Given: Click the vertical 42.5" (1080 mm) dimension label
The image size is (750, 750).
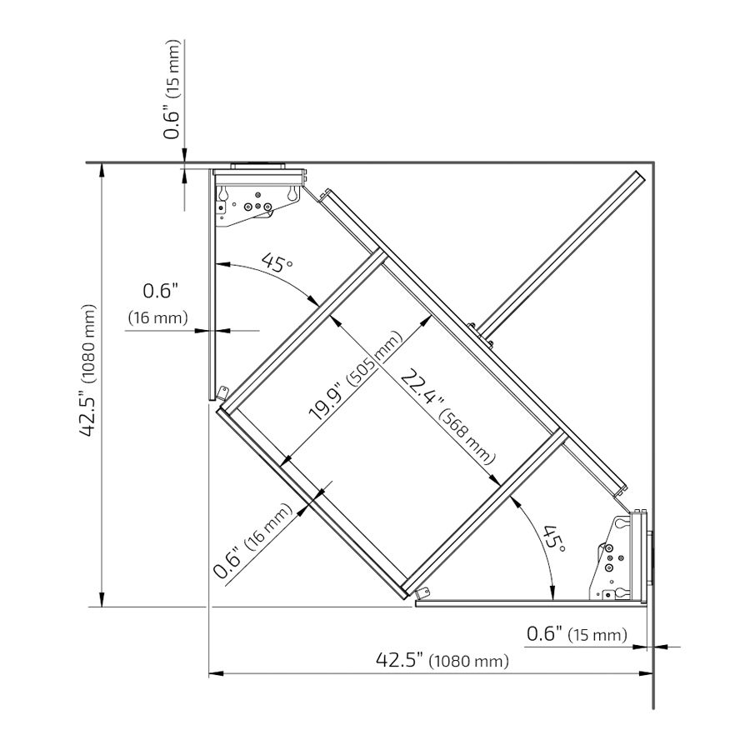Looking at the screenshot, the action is (x=88, y=371).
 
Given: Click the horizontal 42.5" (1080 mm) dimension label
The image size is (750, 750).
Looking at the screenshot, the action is (x=442, y=661).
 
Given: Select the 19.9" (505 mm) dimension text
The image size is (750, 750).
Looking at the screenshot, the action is (x=354, y=376).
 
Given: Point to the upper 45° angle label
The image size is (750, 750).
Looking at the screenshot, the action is (x=277, y=262).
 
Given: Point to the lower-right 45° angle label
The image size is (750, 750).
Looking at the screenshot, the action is (x=555, y=538).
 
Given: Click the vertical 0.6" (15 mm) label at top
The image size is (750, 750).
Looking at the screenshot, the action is (x=172, y=89).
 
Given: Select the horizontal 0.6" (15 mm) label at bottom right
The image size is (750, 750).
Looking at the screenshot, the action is (x=577, y=634).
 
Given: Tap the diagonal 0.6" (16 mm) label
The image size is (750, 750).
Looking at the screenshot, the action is (x=252, y=541).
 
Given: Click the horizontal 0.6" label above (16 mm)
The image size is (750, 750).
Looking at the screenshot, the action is (x=161, y=291).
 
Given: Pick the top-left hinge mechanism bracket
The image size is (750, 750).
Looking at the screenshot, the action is (x=258, y=197).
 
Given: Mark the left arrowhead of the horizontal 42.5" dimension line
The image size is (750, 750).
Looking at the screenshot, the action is (x=216, y=673).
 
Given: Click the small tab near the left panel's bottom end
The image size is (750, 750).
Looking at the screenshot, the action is (x=222, y=393).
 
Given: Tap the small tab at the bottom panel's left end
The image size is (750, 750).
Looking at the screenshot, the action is (x=422, y=593).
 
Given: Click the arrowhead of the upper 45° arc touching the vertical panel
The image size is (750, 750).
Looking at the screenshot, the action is (x=222, y=263).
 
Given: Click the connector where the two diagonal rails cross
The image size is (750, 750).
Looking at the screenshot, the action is (x=480, y=335).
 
